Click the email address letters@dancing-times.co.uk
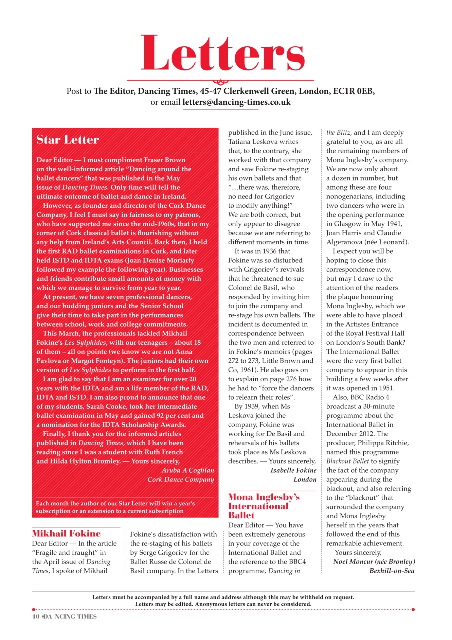tap(236, 102)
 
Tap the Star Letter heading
tap(68, 140)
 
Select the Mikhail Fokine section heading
tap(66, 533)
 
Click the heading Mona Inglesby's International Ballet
tap(264, 506)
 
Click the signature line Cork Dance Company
tap(181, 479)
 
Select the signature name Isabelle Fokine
tap(293, 470)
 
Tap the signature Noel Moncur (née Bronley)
tap(374, 562)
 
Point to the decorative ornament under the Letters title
tap(221, 81)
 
